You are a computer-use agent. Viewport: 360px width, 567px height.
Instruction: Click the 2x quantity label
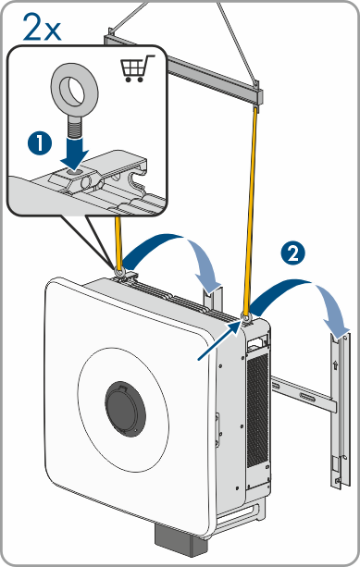42,27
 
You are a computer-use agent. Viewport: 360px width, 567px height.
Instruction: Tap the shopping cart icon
136,68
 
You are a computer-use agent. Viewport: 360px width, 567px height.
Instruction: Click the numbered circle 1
40,143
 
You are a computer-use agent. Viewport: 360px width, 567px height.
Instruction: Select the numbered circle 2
293,253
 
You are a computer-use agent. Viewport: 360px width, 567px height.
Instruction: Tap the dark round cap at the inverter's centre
126,409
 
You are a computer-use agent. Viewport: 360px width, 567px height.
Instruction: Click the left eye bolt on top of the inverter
118,271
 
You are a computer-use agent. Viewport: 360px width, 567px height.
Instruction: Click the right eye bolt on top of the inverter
246,318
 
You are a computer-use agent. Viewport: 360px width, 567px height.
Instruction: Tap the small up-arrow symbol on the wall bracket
335,364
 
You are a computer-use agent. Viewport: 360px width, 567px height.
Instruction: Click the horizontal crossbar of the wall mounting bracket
304,394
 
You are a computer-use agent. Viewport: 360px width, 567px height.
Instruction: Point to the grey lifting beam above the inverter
183,68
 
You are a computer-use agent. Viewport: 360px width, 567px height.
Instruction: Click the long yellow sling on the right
252,211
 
